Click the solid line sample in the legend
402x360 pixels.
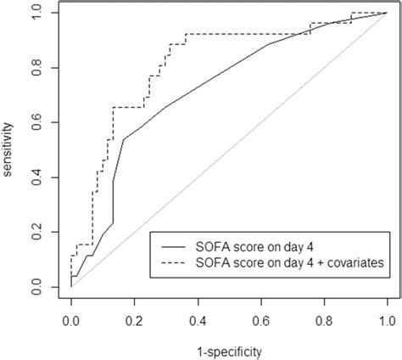[172, 246]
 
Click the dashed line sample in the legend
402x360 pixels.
[172, 263]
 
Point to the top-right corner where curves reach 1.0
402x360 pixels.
[387, 14]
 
